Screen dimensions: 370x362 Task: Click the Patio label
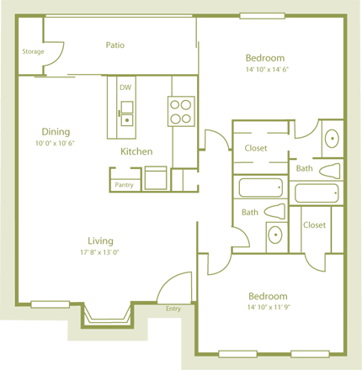(114, 45)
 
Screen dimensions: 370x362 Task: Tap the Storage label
(33, 51)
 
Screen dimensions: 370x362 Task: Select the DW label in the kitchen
(125, 87)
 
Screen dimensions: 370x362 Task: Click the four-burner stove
(180, 111)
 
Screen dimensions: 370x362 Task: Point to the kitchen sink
(126, 112)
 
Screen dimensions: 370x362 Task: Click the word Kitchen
(136, 151)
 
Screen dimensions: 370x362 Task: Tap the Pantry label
(124, 185)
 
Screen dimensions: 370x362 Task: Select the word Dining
(56, 132)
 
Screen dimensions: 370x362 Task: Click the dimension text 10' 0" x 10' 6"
(56, 143)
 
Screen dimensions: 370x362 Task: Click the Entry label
(173, 309)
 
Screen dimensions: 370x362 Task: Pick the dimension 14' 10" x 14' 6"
(266, 70)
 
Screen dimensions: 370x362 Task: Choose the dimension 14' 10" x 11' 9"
(268, 308)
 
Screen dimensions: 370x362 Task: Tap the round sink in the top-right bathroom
(332, 138)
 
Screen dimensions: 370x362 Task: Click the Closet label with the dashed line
(255, 148)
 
